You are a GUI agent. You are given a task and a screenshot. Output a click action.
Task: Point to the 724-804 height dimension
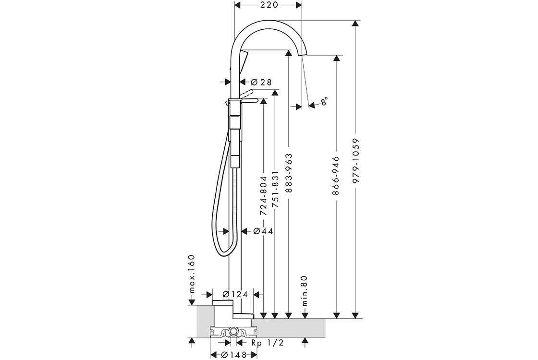tap(263, 195)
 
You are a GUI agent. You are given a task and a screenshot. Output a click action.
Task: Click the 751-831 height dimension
tap(275, 189)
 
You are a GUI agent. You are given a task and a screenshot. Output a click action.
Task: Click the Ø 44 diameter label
tap(263, 231)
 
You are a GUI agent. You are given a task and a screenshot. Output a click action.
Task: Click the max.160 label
tap(192, 274)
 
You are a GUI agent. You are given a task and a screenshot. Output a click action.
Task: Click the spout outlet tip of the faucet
tap(303, 54)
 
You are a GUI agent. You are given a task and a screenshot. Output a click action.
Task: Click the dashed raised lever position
tap(247, 93)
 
